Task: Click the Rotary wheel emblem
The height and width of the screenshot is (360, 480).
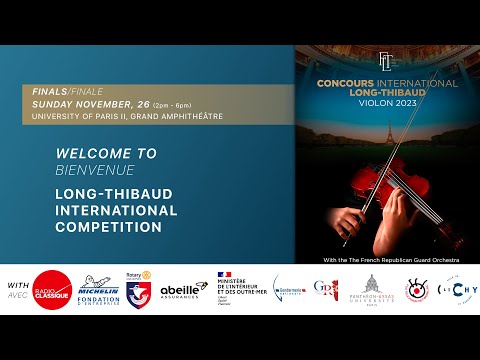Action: click(134, 275)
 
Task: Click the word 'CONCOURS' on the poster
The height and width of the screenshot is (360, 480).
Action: click(344, 85)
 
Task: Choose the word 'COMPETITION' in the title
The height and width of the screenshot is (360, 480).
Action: click(109, 227)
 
